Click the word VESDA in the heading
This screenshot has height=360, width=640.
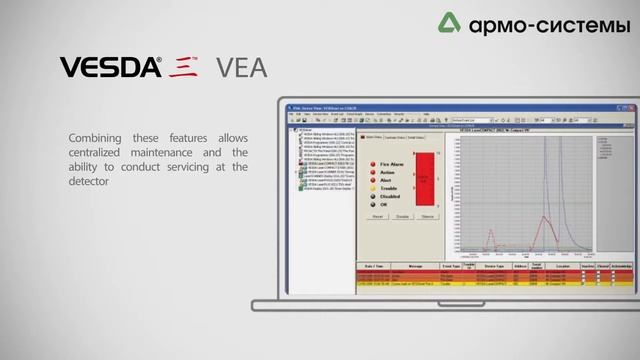click(x=111, y=68)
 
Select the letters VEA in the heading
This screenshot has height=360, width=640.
click(x=242, y=68)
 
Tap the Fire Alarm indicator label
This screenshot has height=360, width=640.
click(x=391, y=162)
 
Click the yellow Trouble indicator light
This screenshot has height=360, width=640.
click(x=373, y=186)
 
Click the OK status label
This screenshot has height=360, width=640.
click(x=384, y=203)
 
